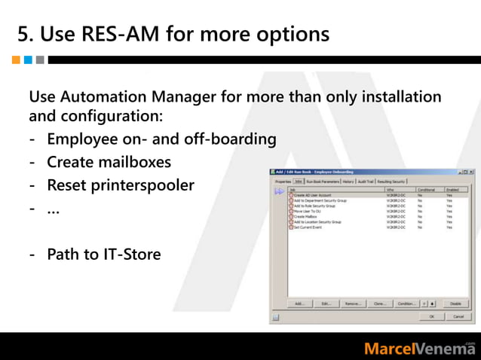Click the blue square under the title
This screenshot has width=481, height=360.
pyautogui.click(x=28, y=59)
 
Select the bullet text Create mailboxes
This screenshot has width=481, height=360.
pyautogui.click(x=109, y=162)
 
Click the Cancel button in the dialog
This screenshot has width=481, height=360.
pyautogui.click(x=458, y=317)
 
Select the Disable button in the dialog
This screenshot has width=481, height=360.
pyautogui.click(x=455, y=304)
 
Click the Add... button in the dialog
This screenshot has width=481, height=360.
pyautogui.click(x=299, y=304)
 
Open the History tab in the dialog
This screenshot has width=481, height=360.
pyautogui.click(x=348, y=182)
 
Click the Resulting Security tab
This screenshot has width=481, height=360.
pyautogui.click(x=391, y=182)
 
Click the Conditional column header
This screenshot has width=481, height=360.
pyautogui.click(x=426, y=190)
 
